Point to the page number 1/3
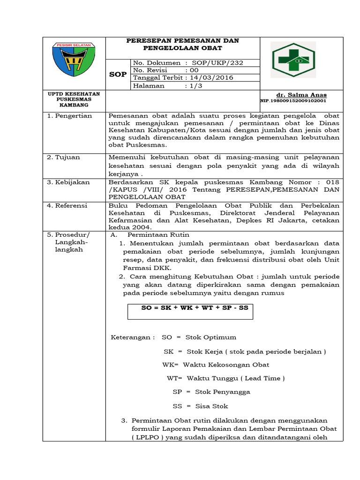(193, 86)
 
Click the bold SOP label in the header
(118, 75)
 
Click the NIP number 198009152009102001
(293, 101)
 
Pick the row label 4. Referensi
(70, 205)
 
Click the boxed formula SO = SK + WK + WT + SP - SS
(190, 308)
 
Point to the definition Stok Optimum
(210, 337)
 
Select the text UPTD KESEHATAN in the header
(74, 94)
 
